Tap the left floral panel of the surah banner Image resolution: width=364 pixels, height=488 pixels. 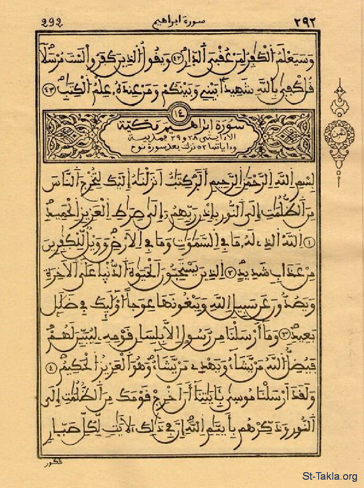click(x=73, y=136)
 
